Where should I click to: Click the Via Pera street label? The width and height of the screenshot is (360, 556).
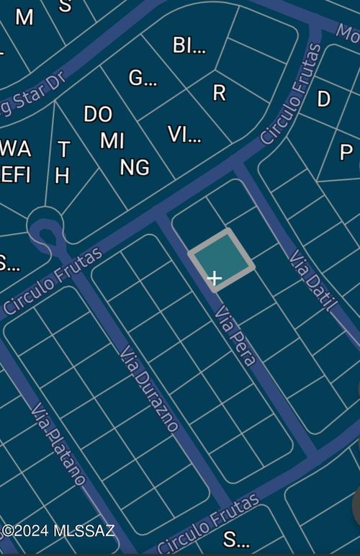pos(235,335)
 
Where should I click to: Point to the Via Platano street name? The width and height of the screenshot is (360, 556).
pos(58,444)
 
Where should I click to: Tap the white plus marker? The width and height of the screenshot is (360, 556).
pos(214,278)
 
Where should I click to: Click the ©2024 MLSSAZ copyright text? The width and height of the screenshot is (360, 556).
pos(58,531)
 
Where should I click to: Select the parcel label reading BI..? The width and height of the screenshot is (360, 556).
pos(189,45)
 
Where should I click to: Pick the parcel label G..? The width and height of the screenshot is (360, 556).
pos(142,78)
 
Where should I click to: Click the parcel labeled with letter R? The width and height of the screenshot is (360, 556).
pos(219,92)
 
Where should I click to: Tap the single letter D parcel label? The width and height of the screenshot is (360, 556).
pos(324,99)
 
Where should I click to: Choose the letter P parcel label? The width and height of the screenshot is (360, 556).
pos(346,153)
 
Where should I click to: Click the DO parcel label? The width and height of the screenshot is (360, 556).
pos(98,115)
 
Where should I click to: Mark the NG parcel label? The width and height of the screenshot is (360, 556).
pos(135,168)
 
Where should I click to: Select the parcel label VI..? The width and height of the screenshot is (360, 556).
pos(184,134)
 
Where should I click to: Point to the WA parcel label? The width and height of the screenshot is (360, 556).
pos(15,149)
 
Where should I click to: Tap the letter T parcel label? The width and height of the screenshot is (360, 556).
pos(63,150)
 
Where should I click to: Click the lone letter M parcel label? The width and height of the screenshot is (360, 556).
pos(24,17)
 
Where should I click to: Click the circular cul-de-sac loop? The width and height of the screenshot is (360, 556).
pos(45,225)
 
